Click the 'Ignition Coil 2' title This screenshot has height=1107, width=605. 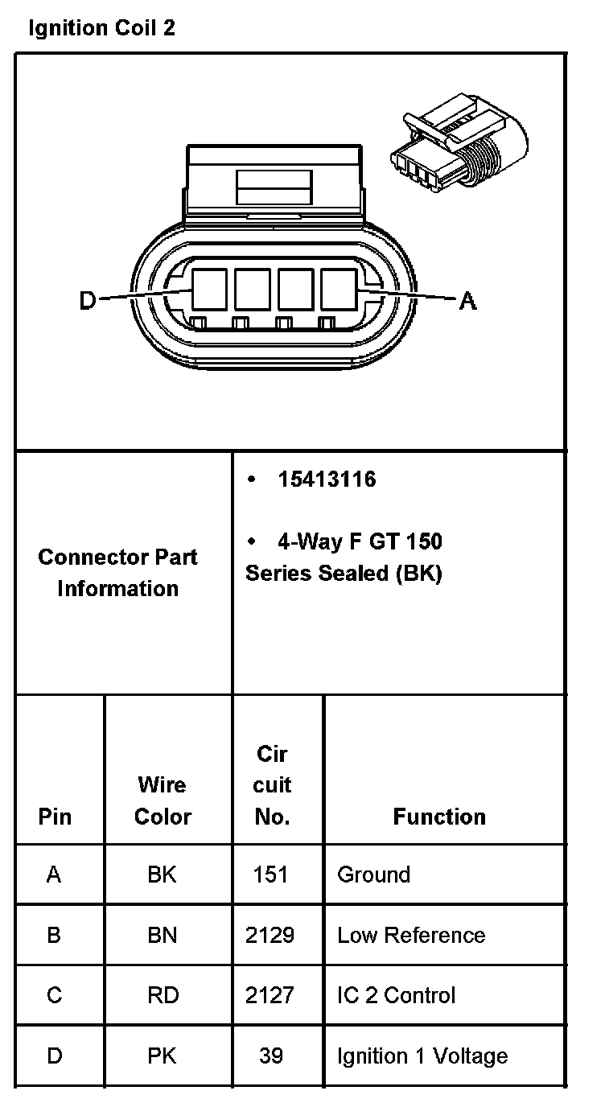[x=101, y=29]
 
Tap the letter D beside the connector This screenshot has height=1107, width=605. [x=88, y=301]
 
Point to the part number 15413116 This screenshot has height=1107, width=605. [x=327, y=479]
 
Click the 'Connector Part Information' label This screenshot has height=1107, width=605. [x=117, y=572]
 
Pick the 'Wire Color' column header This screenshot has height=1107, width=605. [x=163, y=800]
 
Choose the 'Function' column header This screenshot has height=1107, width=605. [x=439, y=817]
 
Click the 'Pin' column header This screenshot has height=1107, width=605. [x=55, y=817]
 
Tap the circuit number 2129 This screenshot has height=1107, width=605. [x=270, y=935]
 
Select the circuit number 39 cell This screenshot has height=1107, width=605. [x=270, y=1055]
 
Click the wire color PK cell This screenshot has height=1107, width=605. [x=163, y=1055]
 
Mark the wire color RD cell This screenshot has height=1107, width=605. [x=163, y=995]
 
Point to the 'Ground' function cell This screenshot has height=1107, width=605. [x=373, y=874]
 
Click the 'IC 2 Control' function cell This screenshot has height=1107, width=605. [x=396, y=995]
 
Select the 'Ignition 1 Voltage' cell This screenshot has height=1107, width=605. [x=422, y=1055]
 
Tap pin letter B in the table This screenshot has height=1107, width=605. [x=54, y=935]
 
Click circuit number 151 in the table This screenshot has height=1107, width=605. [x=270, y=874]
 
